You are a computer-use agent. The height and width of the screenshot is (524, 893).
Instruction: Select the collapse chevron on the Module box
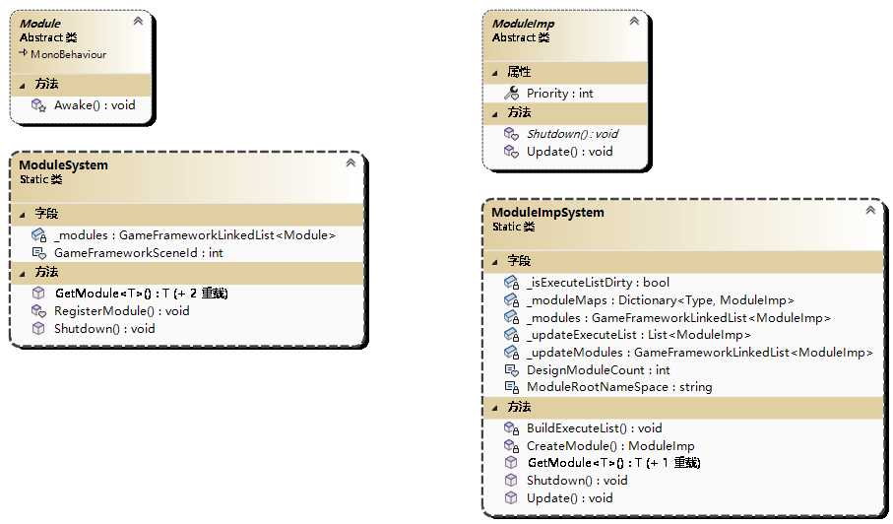[138, 21]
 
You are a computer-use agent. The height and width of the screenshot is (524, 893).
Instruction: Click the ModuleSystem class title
[64, 165]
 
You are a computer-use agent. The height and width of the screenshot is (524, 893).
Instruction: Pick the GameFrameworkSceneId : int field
[138, 253]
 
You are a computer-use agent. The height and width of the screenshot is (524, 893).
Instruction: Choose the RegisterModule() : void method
[121, 310]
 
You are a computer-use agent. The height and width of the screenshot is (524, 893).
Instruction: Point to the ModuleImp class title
[523, 24]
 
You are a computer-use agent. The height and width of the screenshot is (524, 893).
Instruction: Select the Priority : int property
[559, 94]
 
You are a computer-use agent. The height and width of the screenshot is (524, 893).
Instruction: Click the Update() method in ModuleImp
[569, 152]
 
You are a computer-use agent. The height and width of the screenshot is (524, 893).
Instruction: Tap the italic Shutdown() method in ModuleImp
[572, 134]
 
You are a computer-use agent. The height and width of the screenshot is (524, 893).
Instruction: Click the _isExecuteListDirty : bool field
[598, 282]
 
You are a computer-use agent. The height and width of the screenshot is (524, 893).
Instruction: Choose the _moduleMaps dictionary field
[660, 300]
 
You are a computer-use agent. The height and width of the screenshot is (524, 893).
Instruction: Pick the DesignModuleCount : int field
[598, 370]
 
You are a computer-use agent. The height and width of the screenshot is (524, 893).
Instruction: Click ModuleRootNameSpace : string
[618, 387]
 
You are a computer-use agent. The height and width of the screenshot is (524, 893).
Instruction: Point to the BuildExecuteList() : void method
[594, 428]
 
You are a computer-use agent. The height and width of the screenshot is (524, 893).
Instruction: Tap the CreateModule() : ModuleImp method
[609, 446]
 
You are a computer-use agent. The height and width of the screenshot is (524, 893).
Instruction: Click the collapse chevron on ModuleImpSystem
[869, 210]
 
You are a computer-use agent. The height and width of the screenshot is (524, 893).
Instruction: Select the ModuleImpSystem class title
[547, 213]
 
